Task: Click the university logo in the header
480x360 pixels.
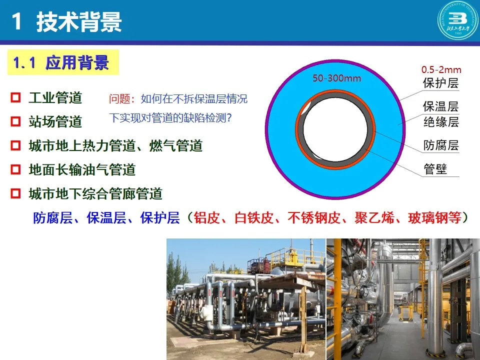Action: tap(457, 20)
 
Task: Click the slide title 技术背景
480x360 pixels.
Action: tap(79, 22)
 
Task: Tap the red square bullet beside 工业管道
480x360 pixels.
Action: tap(15, 97)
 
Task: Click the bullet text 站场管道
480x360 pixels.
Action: tap(55, 121)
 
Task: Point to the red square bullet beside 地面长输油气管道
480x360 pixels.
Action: tap(15, 169)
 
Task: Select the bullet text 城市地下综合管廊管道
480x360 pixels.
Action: tap(95, 193)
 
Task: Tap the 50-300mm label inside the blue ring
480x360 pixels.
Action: tap(336, 78)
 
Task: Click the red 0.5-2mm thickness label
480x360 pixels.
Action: tap(441, 69)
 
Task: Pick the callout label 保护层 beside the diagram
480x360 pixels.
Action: tap(441, 83)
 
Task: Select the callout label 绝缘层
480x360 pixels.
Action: tap(441, 122)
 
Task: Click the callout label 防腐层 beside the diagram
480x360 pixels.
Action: tap(441, 145)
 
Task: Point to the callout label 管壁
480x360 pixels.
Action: tap(435, 169)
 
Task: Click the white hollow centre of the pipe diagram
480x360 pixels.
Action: tap(335, 129)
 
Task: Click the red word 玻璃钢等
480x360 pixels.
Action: tap(435, 218)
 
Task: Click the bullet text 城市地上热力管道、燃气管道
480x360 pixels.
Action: tap(115, 145)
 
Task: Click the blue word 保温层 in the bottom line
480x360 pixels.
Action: tap(106, 218)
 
